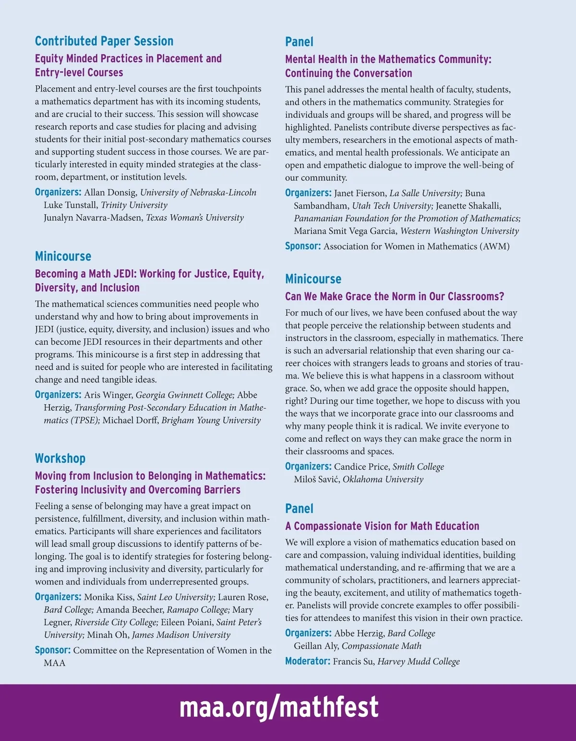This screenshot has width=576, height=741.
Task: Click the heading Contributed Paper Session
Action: coord(104,41)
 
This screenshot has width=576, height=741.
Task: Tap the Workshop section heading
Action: coord(60,459)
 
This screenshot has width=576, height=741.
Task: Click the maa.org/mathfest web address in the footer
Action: coord(279,707)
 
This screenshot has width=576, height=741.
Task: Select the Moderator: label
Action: coord(307,661)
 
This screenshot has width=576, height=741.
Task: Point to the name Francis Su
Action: coord(353,662)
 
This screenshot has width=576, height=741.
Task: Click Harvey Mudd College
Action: coord(419,662)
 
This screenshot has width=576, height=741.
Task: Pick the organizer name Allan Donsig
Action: coord(110,193)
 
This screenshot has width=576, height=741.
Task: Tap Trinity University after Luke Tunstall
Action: coord(134,205)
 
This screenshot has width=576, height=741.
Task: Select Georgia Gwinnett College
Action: coord(185,395)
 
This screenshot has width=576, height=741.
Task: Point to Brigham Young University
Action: coord(211,421)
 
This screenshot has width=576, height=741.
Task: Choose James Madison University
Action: coord(181,635)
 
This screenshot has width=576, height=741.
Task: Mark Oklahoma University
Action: coord(383,480)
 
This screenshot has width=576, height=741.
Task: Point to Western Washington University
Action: coord(459,231)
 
